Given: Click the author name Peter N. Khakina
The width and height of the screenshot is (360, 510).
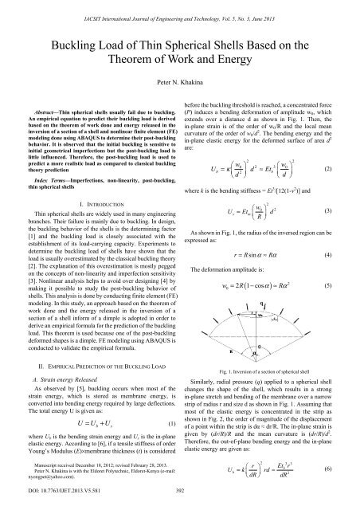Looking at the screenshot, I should [179, 82].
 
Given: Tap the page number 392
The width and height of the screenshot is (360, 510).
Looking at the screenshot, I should [179, 502].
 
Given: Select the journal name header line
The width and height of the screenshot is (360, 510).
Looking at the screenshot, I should [179, 6].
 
